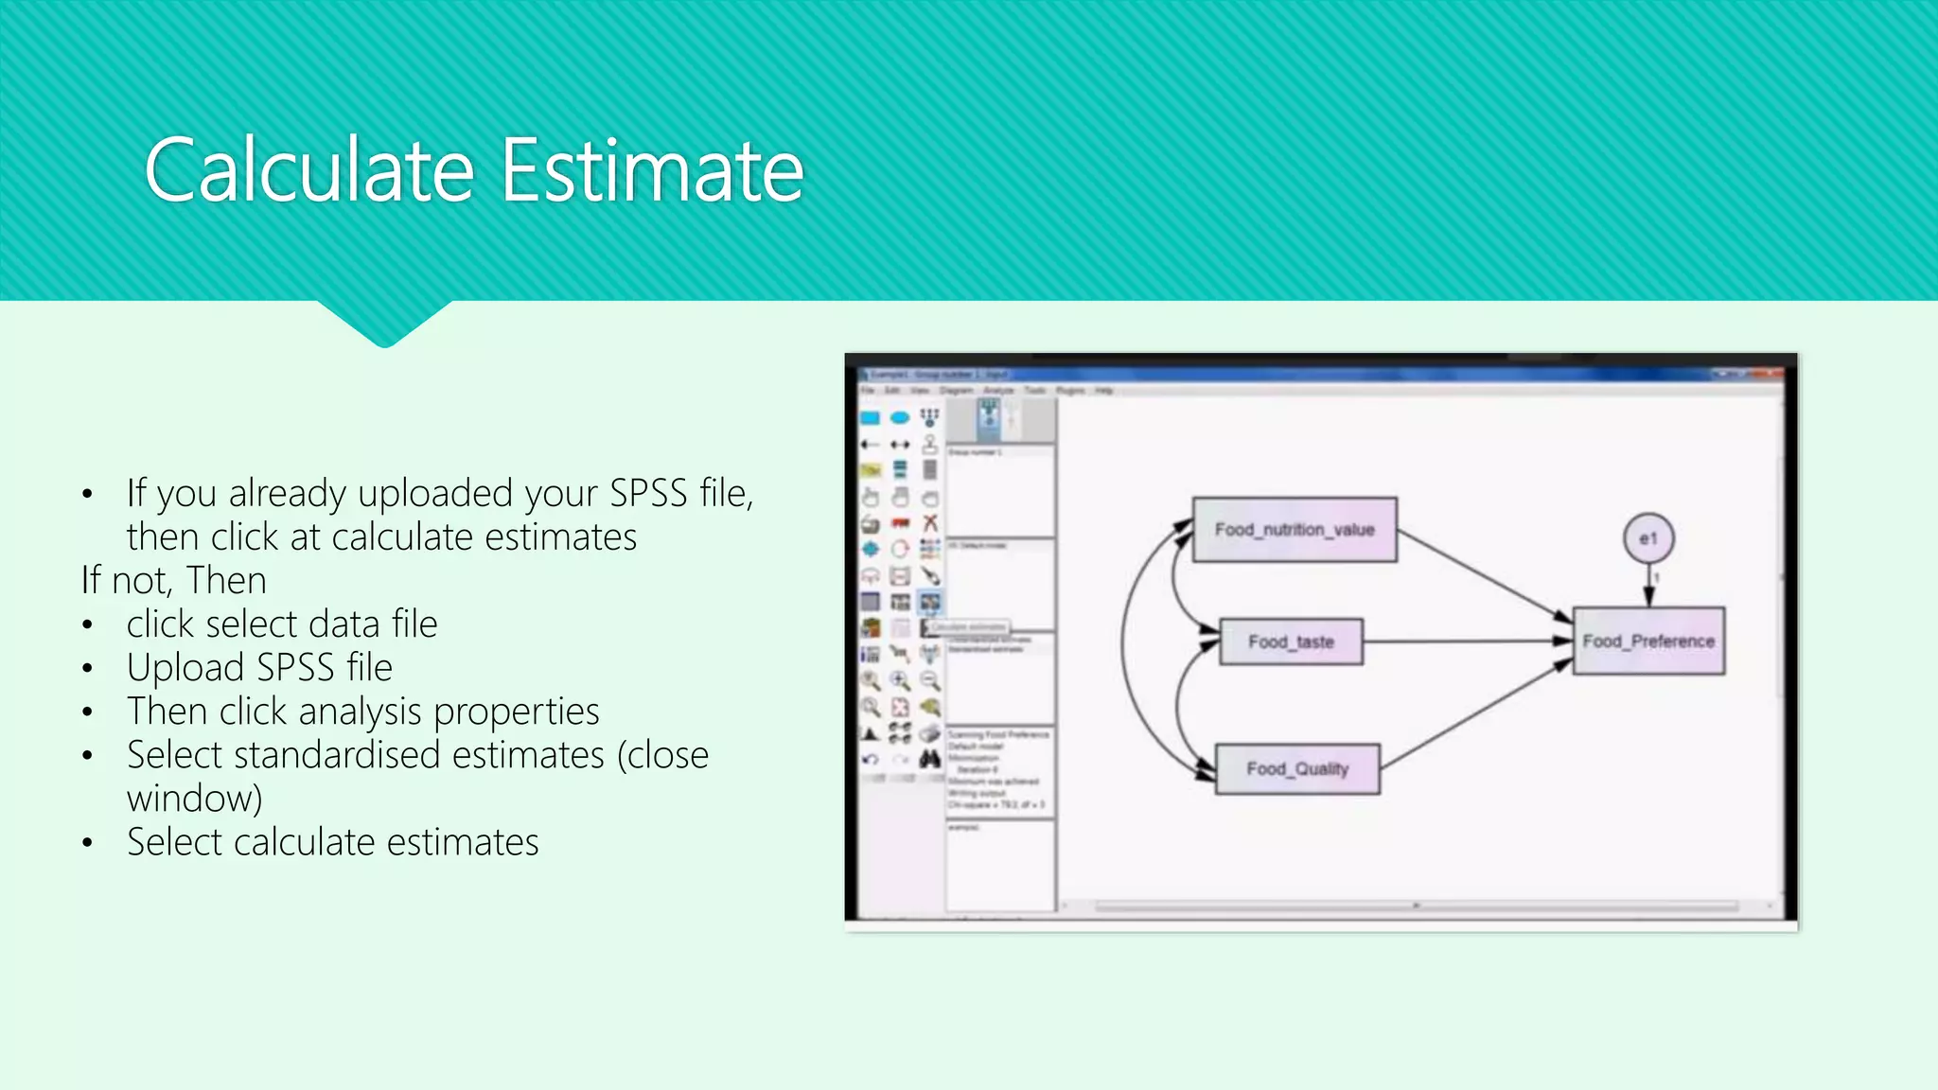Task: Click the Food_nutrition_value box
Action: point(1294,530)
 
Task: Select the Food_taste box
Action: point(1291,642)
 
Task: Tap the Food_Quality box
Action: point(1296,769)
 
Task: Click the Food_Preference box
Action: point(1648,642)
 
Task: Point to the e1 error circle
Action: point(1648,538)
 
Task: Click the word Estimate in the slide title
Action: point(652,171)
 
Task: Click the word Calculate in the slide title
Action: point(309,171)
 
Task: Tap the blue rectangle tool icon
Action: point(871,417)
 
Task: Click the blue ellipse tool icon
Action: point(900,417)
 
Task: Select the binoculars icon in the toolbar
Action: point(930,759)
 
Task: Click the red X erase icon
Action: point(930,523)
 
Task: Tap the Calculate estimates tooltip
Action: point(967,626)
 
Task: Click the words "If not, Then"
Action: point(174,580)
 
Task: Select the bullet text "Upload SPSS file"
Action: point(259,668)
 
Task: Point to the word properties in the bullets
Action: point(517,712)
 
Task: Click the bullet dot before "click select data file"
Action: point(87,625)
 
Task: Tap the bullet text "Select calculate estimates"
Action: point(332,842)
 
